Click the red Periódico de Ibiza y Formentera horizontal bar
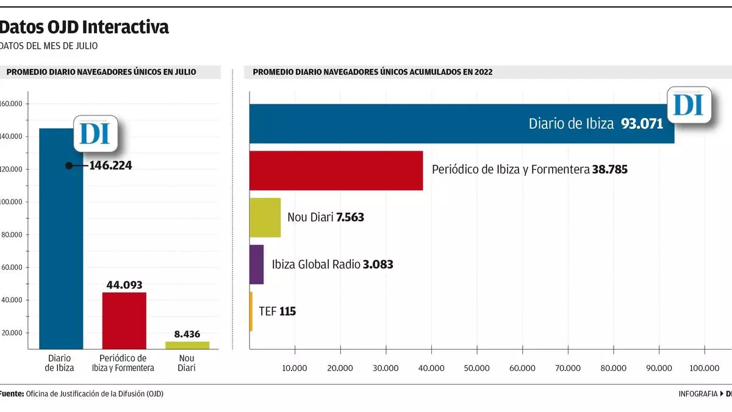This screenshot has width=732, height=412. (x=336, y=170)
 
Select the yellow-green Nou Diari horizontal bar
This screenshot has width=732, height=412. (x=265, y=217)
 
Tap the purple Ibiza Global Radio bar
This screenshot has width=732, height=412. (x=256, y=264)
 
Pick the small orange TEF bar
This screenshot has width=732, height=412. (x=251, y=311)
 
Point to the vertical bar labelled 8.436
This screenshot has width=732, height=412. (x=187, y=345)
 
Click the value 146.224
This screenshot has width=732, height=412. (x=110, y=165)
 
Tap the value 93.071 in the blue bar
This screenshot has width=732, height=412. (x=642, y=124)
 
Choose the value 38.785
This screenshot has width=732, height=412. (x=609, y=170)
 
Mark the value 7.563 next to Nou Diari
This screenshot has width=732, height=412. (x=350, y=217)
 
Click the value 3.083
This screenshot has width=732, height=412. (x=378, y=264)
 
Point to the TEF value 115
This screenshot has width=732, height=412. (x=287, y=311)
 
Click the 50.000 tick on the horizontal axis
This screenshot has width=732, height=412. (x=476, y=368)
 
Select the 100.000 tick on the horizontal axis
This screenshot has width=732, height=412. (x=705, y=368)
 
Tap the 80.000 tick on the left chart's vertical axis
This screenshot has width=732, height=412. (x=12, y=234)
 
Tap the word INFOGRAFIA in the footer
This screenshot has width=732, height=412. (x=698, y=394)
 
